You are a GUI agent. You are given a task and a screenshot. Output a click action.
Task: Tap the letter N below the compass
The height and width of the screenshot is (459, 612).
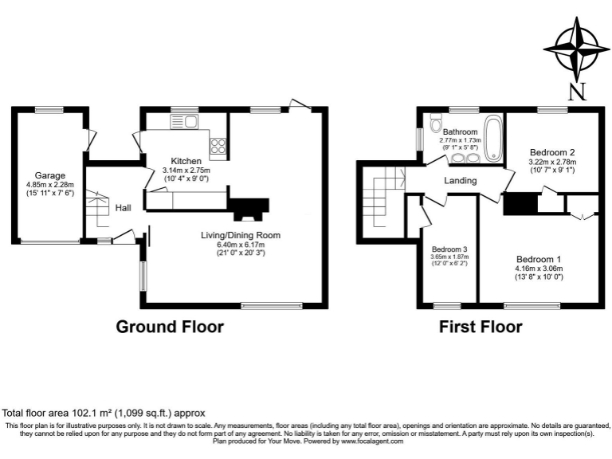click(578, 92)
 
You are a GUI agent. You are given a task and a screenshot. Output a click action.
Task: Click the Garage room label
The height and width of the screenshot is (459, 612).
click(49, 175)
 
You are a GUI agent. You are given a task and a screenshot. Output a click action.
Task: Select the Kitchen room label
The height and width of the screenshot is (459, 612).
click(186, 161)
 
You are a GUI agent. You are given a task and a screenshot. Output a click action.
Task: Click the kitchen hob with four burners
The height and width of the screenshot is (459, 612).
click(218, 146)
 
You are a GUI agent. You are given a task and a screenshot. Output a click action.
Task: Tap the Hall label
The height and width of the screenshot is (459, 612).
click(123, 207)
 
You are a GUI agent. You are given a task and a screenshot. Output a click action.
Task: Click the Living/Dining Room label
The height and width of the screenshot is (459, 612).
click(240, 235)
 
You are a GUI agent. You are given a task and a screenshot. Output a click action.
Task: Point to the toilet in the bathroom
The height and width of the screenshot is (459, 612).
click(435, 125)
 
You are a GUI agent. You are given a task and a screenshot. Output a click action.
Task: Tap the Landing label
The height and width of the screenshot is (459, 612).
click(460, 181)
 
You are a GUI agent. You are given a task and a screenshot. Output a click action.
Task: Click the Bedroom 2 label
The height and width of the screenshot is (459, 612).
click(552, 151)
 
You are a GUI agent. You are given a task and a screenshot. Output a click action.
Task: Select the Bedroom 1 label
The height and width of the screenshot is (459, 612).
click(539, 259)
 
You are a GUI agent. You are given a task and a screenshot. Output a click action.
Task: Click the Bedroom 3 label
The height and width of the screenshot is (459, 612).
click(449, 249)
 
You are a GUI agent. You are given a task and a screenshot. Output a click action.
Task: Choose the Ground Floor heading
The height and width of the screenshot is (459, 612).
click(170, 327)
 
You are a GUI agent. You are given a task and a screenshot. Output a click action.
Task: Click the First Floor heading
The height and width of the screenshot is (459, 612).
click(481, 327)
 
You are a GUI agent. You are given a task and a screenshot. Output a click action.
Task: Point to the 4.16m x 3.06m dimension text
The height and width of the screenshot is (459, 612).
click(539, 269)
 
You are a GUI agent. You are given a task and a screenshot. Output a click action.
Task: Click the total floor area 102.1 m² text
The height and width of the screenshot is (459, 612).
click(104, 413)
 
